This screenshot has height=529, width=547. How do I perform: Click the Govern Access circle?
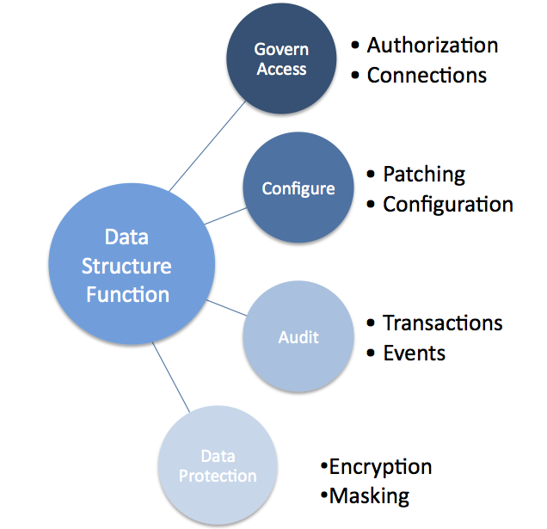281,59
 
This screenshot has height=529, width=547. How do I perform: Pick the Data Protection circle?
218,465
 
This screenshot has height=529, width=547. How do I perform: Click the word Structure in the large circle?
126,266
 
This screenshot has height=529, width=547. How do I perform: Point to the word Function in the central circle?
126,294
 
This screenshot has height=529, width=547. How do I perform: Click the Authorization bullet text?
433,45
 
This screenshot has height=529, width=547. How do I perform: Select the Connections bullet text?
427,75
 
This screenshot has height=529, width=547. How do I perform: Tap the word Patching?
424,174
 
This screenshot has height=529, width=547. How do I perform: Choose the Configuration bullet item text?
448,205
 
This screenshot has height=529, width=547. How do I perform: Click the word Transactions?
443,323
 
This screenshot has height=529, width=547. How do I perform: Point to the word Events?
415,353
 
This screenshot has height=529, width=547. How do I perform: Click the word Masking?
370,495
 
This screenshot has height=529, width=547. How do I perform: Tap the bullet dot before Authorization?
355,46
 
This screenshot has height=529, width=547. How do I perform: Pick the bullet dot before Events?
371,354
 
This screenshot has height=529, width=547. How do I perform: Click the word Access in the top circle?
281,69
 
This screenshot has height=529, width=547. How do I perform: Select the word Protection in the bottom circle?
218,476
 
